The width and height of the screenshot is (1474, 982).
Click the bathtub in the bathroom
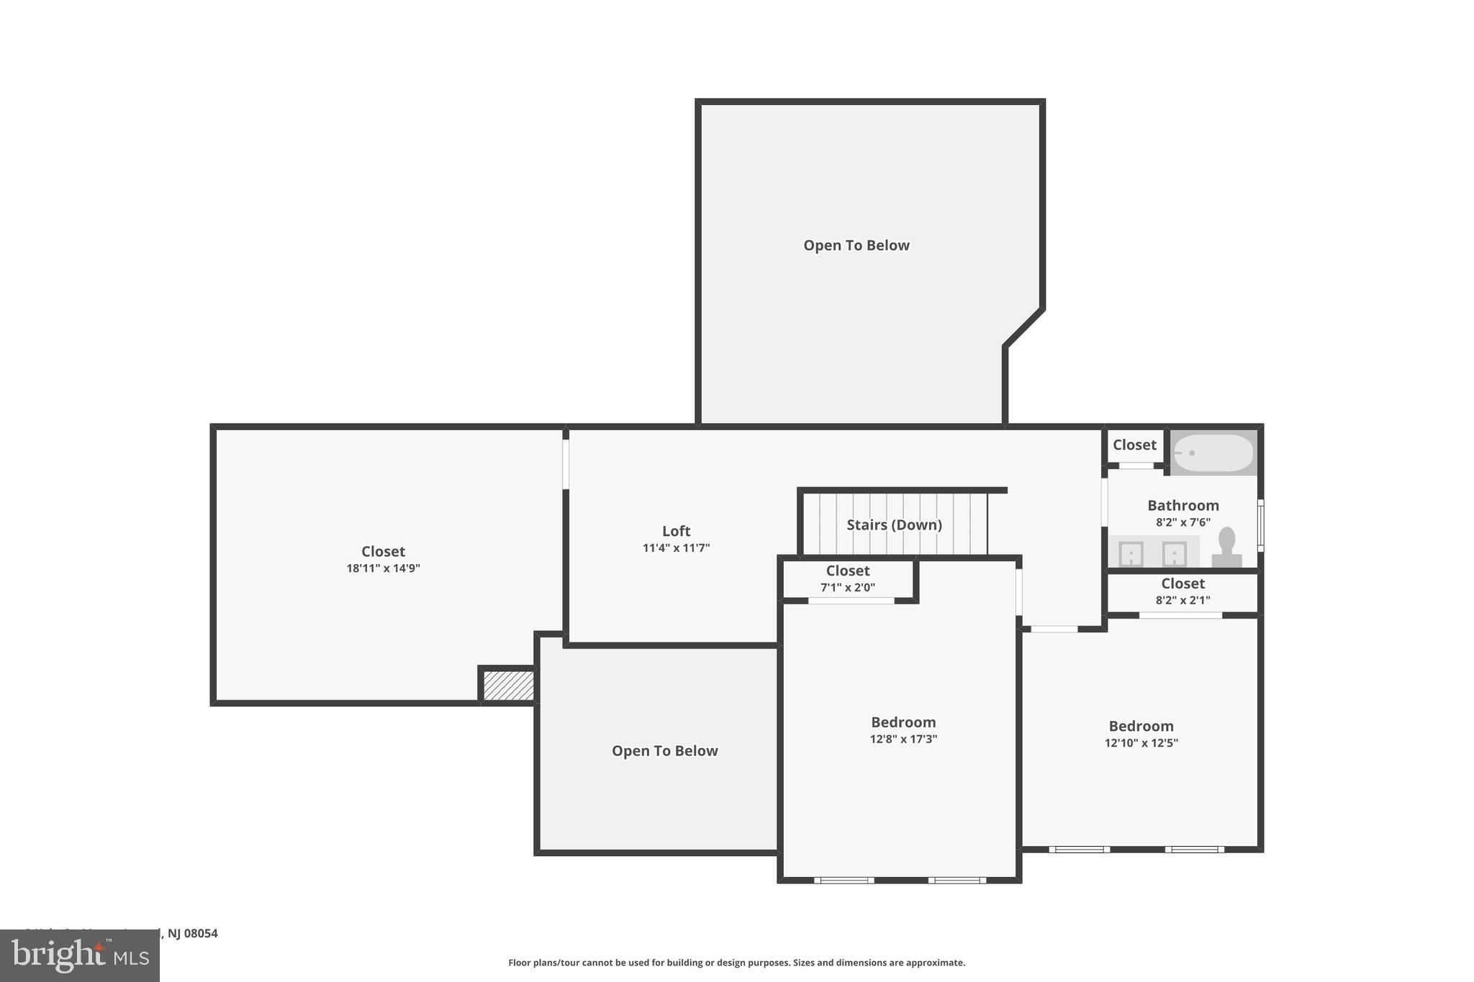click(1213, 453)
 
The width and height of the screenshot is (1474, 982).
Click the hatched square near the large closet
click(508, 686)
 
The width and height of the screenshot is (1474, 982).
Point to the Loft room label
click(676, 531)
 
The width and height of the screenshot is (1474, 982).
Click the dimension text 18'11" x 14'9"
click(383, 568)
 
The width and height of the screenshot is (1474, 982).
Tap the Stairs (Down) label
click(894, 524)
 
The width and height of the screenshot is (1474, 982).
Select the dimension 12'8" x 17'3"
click(903, 739)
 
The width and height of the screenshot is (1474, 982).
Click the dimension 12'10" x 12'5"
click(1141, 743)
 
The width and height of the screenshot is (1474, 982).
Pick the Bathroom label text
click(1183, 505)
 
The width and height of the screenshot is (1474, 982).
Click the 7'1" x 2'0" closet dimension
click(848, 588)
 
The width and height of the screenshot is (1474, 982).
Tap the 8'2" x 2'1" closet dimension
click(1183, 600)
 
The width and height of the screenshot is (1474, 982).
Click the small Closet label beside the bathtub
click(1134, 445)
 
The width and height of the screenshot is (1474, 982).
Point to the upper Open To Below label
click(856, 245)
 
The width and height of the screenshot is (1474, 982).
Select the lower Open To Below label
click(664, 751)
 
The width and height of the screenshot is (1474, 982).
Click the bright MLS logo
click(79, 955)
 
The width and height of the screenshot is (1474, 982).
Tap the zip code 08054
click(201, 933)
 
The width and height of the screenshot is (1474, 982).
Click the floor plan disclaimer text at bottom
click(736, 963)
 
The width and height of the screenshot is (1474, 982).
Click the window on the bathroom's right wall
click(1260, 525)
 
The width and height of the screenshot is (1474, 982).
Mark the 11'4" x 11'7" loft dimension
click(676, 548)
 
